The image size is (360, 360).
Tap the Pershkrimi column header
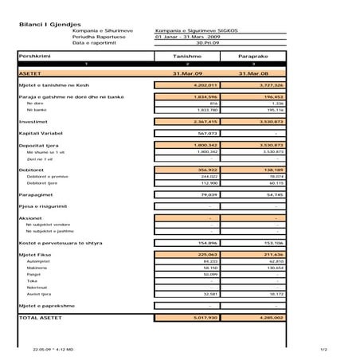coord(33,57)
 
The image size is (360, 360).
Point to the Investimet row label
coord(35,121)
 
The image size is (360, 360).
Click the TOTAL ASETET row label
coord(41,318)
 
